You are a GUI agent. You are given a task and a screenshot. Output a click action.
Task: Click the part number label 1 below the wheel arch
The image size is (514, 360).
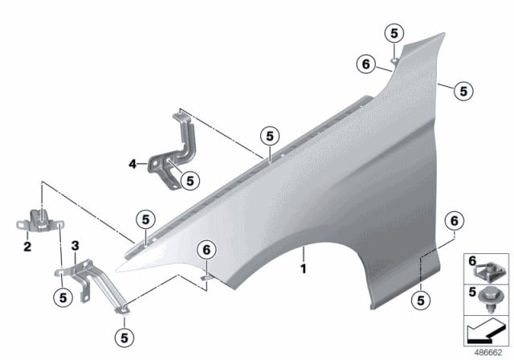(x=304, y=268)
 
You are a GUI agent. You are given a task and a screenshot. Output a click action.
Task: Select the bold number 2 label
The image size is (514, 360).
(x=27, y=247)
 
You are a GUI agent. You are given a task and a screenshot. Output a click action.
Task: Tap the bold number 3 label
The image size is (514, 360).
(x=75, y=245)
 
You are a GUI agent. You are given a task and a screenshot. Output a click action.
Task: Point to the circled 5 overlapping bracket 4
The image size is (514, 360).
(x=189, y=182)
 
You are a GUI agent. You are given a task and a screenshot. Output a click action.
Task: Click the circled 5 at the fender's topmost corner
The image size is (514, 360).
(x=394, y=33)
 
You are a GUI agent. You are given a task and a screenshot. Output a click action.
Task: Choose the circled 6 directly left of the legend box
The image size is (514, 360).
(x=454, y=220)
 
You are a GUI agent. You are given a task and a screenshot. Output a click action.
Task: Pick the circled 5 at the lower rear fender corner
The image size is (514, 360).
(x=420, y=301)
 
